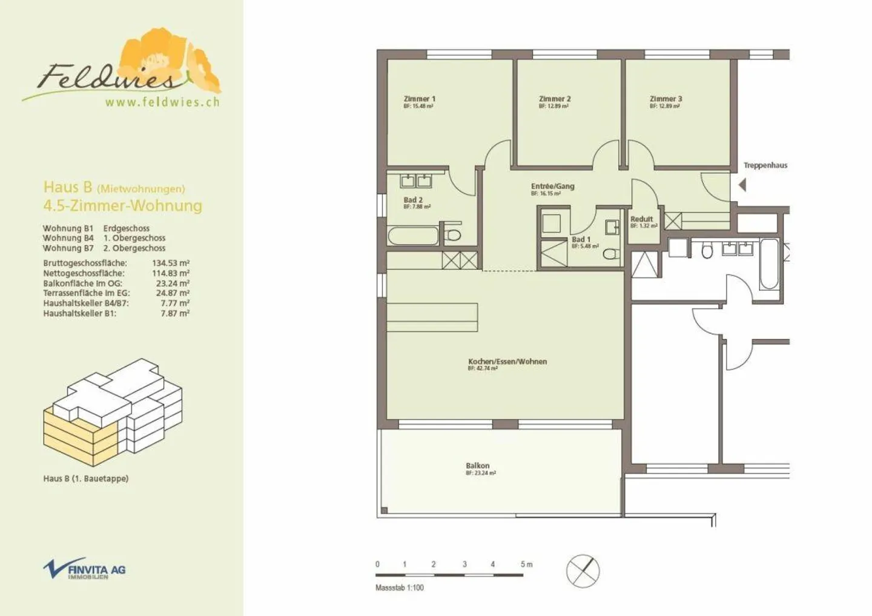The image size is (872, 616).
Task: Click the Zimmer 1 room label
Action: pyautogui.click(x=419, y=99)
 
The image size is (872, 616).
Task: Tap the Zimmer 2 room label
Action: pyautogui.click(x=554, y=99)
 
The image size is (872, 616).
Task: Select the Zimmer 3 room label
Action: pyautogui.click(x=666, y=99)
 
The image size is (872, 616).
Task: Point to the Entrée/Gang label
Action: pyautogui.click(x=552, y=187)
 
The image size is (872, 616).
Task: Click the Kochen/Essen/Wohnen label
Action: pyautogui.click(x=507, y=362)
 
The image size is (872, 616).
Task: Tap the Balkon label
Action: pyautogui.click(x=478, y=466)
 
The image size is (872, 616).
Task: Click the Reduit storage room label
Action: pyautogui.click(x=642, y=219)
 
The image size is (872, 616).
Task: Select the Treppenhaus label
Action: pyautogui.click(x=765, y=165)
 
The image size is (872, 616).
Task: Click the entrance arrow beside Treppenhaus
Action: pyautogui.click(x=742, y=184)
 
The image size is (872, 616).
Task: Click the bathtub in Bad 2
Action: pyautogui.click(x=412, y=236)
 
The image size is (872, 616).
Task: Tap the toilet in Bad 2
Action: pyautogui.click(x=453, y=235)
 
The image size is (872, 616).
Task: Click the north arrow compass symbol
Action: pyautogui.click(x=583, y=571)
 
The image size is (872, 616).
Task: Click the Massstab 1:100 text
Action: pyautogui.click(x=400, y=588)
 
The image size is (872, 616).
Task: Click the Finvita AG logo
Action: pyautogui.click(x=84, y=569)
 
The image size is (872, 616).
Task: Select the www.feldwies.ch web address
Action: pyautogui.click(x=162, y=102)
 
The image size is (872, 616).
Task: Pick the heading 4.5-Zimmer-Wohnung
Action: pyautogui.click(x=122, y=206)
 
